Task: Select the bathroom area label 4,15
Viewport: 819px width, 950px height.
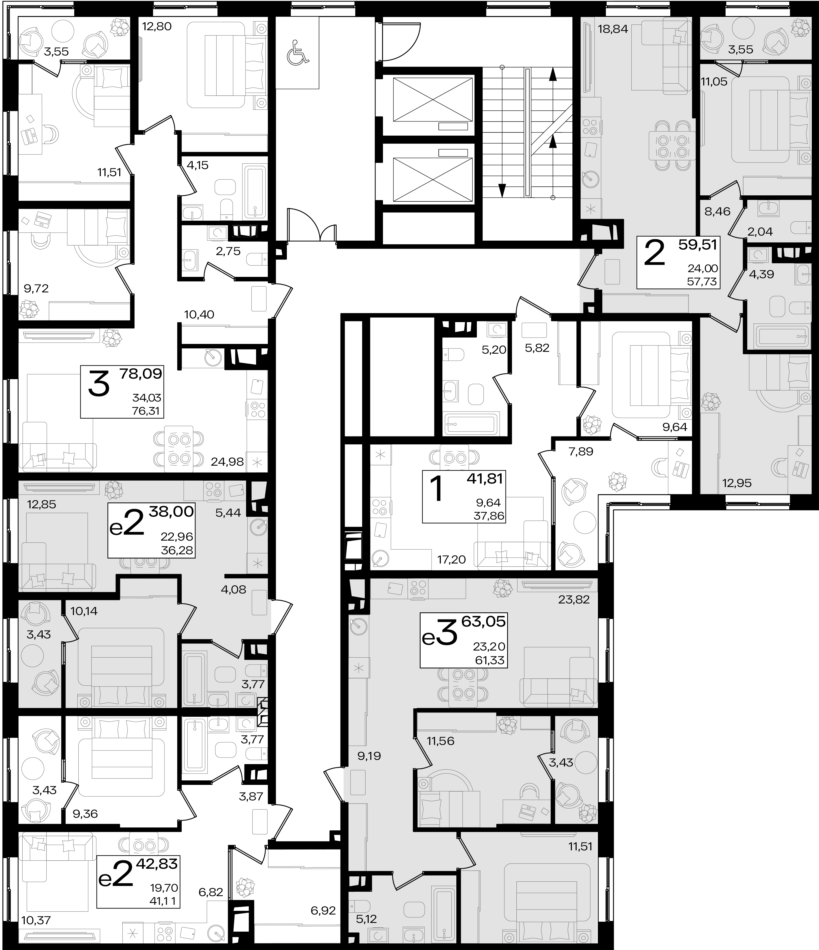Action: coord(197,165)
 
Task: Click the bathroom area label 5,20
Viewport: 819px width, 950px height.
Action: coord(494,350)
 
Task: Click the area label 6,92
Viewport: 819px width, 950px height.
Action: coord(323,911)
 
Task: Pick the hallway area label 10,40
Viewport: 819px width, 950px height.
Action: coord(199,314)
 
